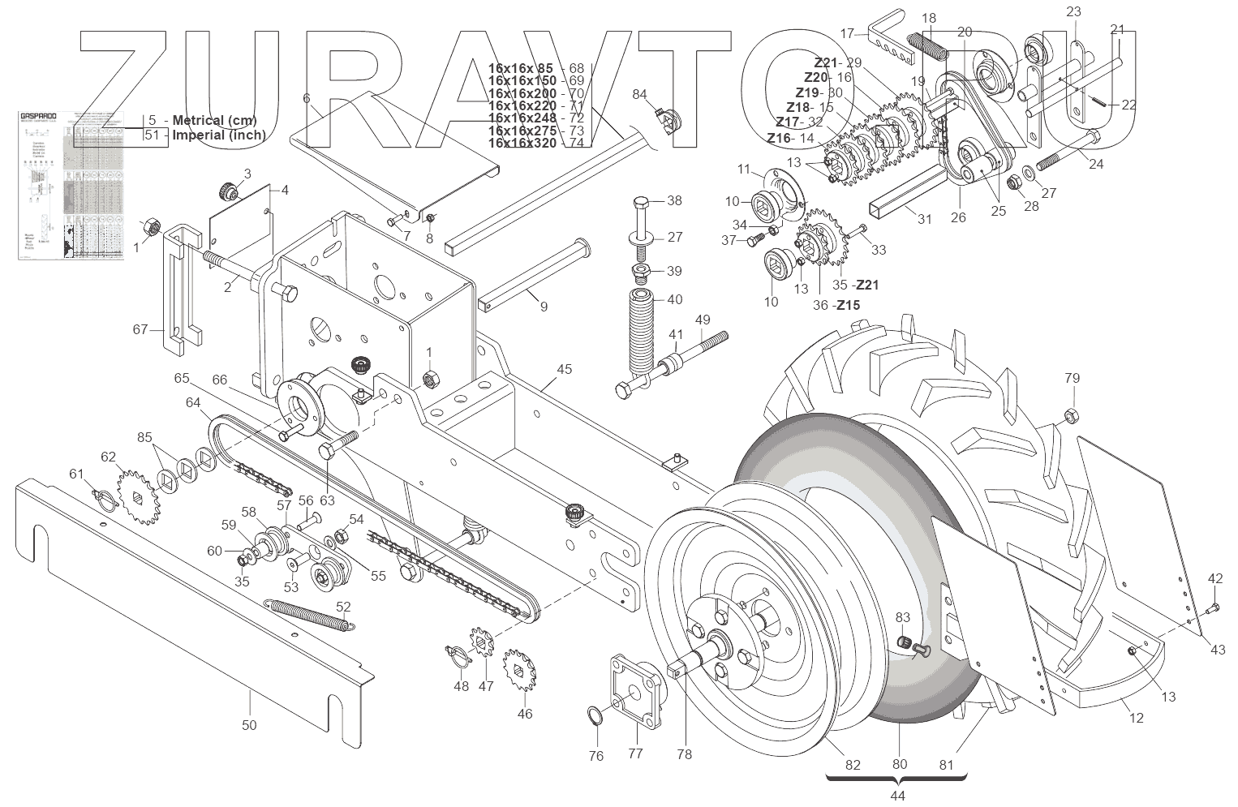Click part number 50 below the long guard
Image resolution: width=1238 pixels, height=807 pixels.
(249, 724)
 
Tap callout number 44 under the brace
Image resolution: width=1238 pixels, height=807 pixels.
(898, 796)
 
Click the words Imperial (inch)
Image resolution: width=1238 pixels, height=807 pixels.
(218, 135)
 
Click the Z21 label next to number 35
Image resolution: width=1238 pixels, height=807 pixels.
(867, 285)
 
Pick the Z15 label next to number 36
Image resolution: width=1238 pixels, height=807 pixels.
(848, 305)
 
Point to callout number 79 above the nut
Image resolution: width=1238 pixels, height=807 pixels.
(1072, 378)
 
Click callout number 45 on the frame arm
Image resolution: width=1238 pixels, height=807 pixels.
(564, 370)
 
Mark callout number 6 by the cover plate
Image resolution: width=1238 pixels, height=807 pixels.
(307, 98)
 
